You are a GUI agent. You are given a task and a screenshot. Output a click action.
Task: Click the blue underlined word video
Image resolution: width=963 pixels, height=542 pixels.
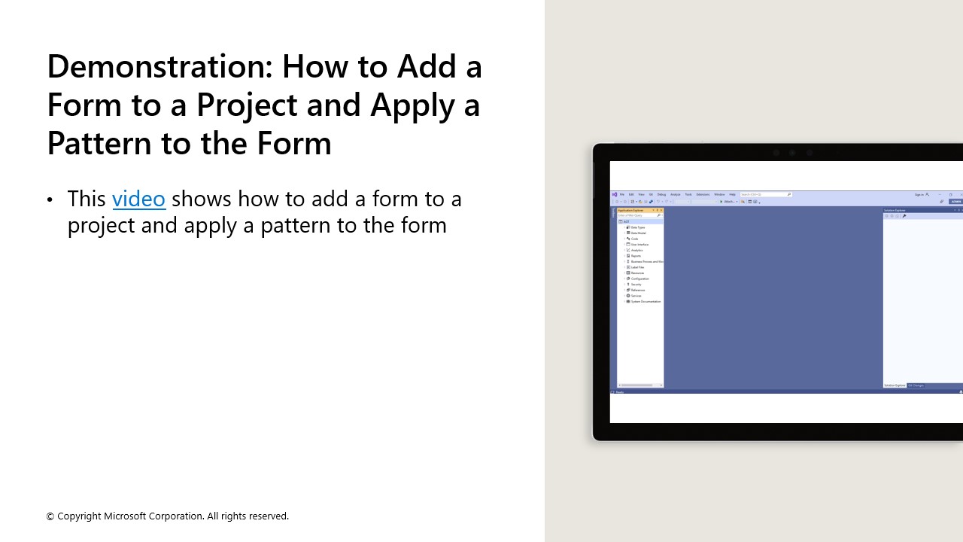(138, 199)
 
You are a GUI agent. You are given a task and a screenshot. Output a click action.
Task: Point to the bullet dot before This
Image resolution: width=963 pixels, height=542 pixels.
(50, 199)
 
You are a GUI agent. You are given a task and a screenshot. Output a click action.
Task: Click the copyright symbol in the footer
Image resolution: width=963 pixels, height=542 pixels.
(50, 516)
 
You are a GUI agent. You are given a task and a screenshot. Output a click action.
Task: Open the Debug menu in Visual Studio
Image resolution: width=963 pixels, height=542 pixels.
(661, 194)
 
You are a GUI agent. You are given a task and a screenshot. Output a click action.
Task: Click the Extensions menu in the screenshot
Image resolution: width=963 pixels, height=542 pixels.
(703, 194)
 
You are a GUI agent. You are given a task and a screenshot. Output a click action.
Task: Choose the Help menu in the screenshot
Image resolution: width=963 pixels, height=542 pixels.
(732, 194)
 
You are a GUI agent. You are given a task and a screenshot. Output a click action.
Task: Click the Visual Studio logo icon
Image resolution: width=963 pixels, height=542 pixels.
(615, 194)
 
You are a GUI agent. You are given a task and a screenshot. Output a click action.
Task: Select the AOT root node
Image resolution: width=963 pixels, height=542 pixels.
(626, 221)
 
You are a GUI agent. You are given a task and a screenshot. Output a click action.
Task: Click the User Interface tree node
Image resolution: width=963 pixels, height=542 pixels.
(639, 245)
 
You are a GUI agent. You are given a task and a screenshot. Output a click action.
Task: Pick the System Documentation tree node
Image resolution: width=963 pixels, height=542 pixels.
(646, 302)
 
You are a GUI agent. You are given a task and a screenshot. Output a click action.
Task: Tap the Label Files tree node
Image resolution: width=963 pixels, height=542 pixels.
(637, 267)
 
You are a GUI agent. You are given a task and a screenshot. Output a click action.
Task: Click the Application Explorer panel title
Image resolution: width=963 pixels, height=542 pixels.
(630, 210)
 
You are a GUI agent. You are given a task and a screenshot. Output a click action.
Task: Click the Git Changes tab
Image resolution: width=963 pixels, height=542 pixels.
(916, 385)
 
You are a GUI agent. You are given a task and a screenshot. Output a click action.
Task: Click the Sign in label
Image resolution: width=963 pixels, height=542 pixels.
(919, 194)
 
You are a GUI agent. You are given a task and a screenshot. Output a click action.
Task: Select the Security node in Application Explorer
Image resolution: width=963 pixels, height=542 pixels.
(636, 285)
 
